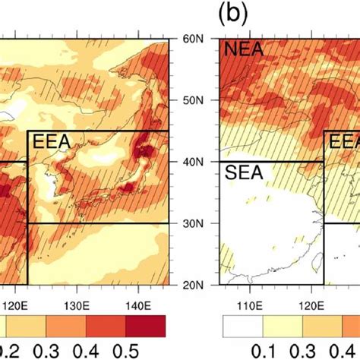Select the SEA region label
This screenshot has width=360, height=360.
coord(244,173)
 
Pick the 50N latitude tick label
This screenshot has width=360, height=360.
coord(198,99)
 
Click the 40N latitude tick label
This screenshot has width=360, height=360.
coord(198,162)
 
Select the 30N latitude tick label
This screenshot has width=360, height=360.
coord(198,223)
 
